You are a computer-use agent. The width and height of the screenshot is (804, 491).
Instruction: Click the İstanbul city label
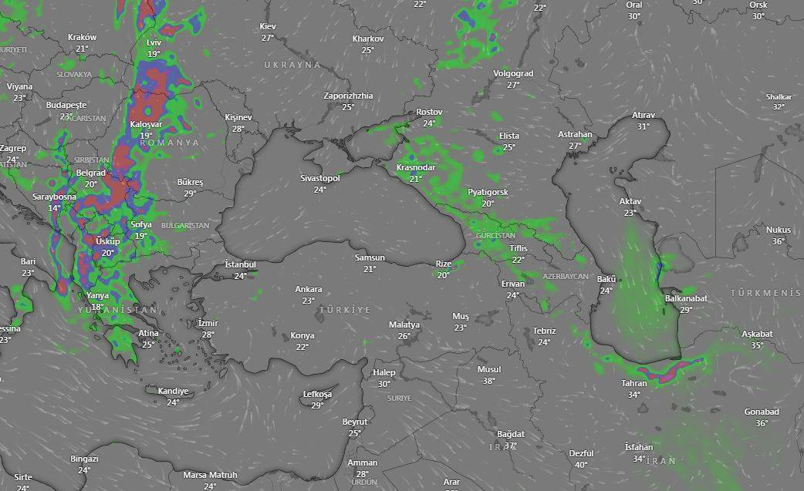240,264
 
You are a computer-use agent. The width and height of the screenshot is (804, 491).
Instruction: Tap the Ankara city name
309,289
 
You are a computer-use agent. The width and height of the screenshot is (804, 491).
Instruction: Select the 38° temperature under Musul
488,381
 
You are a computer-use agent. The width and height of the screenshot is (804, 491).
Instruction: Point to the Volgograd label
513,74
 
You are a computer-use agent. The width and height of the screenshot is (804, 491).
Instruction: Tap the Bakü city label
606,278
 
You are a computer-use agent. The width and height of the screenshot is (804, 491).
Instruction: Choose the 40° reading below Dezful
581,465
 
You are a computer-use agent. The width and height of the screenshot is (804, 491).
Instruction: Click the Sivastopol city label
320,178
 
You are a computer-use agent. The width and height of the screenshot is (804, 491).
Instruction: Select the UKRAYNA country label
292,65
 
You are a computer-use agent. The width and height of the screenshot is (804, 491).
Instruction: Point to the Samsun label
370,257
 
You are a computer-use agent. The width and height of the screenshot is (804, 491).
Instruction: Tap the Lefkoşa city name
317,394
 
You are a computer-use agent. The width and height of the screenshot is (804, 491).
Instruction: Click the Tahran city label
633,383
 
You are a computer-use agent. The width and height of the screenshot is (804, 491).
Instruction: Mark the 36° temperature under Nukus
778,241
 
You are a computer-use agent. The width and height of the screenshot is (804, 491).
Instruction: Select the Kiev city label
268,26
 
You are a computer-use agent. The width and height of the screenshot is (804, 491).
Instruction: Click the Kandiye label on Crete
173,391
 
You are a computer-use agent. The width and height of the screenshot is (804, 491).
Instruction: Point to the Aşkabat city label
757,334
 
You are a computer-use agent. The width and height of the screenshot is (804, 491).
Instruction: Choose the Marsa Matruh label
210,475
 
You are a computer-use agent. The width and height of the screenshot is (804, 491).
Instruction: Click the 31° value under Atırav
644,126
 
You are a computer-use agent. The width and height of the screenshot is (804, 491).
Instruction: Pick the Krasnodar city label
416,167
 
